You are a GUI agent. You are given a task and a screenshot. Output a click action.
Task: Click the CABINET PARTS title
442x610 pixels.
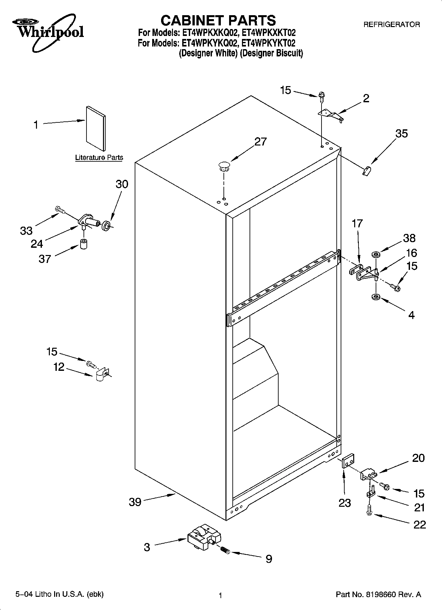(218, 20)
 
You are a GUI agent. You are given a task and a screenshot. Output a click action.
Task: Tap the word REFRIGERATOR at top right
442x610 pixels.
(391, 24)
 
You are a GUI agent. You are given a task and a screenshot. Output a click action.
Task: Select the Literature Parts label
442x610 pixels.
(99, 158)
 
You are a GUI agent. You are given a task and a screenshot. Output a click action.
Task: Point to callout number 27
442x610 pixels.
(260, 142)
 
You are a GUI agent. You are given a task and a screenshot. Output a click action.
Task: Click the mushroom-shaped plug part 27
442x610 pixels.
(224, 166)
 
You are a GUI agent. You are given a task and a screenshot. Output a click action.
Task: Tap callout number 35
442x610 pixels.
(401, 134)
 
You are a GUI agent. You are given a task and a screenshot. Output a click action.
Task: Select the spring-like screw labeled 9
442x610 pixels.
(225, 550)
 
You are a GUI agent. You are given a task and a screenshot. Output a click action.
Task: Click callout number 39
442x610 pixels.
(135, 502)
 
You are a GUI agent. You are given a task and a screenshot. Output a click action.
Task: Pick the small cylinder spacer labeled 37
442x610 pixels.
(84, 243)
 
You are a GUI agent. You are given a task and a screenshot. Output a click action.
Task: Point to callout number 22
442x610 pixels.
(420, 525)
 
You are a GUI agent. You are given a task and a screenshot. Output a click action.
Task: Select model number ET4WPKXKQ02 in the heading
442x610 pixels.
(208, 33)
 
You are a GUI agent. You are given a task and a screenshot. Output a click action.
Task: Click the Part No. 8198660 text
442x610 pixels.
(378, 594)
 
